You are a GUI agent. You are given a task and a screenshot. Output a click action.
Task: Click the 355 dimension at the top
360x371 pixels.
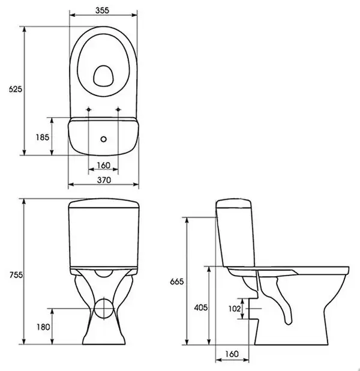(103, 10)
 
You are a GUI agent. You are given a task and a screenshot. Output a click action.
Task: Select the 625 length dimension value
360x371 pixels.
(16, 89)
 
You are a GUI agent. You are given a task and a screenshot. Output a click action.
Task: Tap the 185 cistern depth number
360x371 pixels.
(43, 137)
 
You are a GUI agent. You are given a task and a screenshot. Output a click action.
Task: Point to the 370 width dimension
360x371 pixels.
(104, 180)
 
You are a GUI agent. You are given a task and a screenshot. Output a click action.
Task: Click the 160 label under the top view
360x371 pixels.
(104, 165)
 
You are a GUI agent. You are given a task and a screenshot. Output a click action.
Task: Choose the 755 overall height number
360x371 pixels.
(16, 275)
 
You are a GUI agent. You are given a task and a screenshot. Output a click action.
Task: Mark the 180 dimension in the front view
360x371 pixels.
(43, 327)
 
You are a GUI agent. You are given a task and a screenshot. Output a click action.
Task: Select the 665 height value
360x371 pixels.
(177, 282)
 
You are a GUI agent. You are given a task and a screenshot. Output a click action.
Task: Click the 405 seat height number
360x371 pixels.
(201, 307)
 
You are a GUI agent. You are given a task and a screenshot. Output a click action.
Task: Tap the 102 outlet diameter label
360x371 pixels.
(235, 309)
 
